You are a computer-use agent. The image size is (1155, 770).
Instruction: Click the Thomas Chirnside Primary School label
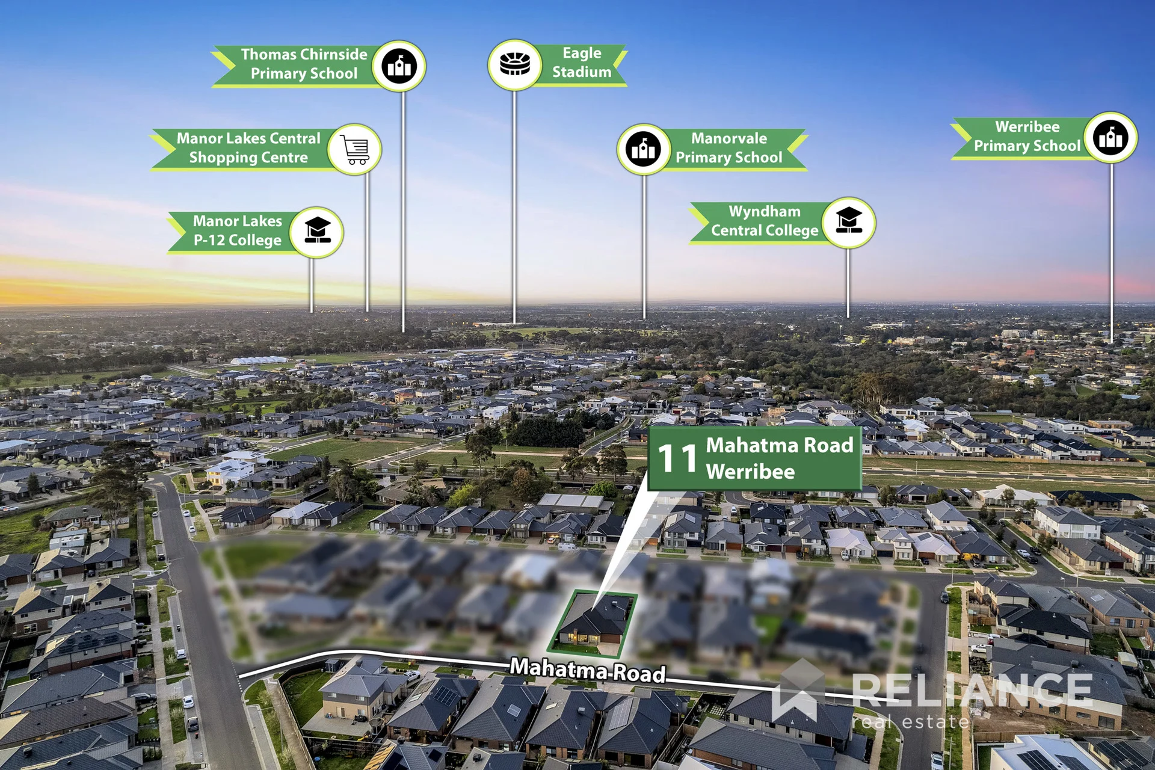click(304, 64)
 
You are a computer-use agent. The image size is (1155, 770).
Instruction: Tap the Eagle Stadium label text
click(582, 63)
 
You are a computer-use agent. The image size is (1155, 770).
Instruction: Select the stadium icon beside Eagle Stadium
click(515, 64)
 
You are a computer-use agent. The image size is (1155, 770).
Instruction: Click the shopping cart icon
click(355, 149)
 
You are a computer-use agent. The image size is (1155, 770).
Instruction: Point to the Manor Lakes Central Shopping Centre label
click(248, 148)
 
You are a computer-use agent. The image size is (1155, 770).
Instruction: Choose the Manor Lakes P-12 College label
click(238, 230)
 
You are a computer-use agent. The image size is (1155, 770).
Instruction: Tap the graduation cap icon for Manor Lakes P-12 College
click(317, 232)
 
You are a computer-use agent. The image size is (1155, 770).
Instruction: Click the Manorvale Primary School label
click(728, 148)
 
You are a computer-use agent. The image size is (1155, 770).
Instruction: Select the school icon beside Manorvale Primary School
click(644, 149)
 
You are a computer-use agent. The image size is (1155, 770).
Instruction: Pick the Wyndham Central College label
click(765, 221)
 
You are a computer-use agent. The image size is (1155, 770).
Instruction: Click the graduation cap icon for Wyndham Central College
click(849, 223)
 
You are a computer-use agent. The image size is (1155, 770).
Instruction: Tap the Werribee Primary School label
click(1027, 137)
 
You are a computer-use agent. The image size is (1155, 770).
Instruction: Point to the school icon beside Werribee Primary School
click(1111, 138)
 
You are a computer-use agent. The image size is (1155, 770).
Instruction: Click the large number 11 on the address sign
click(677, 459)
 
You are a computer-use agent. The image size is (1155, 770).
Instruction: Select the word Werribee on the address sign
click(750, 472)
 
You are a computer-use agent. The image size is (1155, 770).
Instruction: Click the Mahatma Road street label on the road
click(588, 670)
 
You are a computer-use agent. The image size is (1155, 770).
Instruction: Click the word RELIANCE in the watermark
click(972, 691)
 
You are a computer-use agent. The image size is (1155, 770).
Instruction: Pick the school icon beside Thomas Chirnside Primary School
click(399, 66)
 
